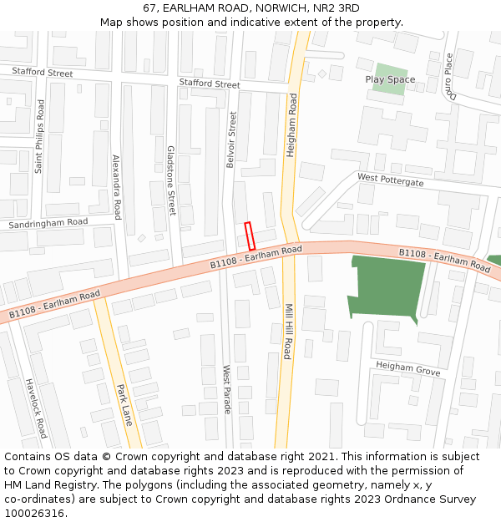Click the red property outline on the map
(249, 236)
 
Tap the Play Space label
(390, 79)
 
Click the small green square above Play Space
(391, 69)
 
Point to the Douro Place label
(448, 76)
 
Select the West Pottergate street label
(391, 179)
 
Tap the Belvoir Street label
(232, 141)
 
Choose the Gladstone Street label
(171, 180)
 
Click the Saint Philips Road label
(38, 136)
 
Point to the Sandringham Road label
(48, 223)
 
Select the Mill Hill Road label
(287, 331)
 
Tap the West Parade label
(226, 389)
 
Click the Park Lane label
(124, 404)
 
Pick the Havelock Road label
(37, 408)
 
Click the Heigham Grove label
(407, 367)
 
